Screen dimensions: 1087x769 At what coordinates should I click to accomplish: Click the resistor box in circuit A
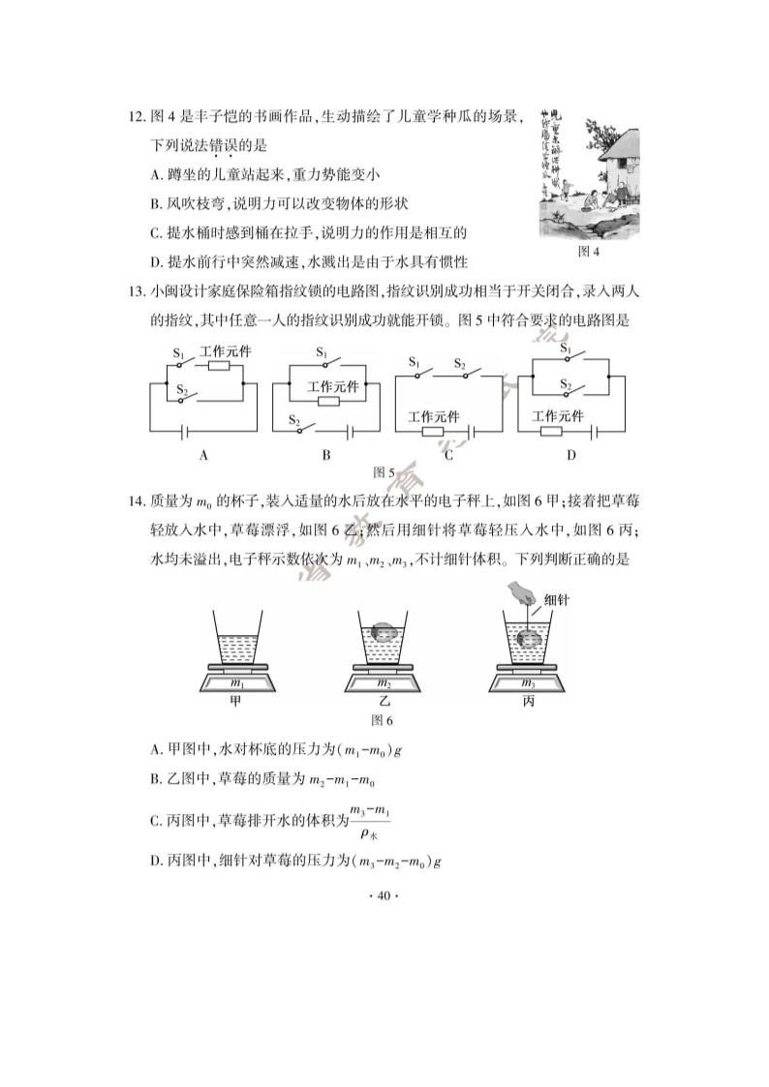[x=219, y=366]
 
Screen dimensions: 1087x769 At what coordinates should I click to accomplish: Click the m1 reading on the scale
[x=236, y=683]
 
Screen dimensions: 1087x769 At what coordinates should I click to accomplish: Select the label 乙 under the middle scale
[x=384, y=702]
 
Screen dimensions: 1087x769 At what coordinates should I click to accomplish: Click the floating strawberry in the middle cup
[x=383, y=632]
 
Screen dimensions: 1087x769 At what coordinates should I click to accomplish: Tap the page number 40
[x=384, y=896]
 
